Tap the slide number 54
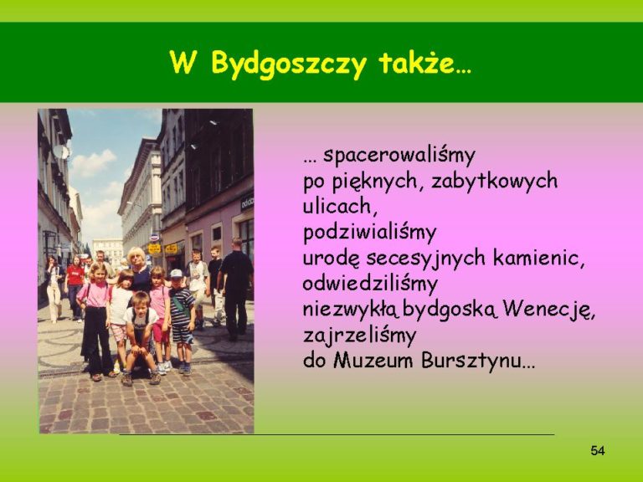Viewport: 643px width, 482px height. [x=598, y=451]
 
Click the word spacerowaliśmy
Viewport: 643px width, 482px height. [x=399, y=156]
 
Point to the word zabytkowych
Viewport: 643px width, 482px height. [x=494, y=181]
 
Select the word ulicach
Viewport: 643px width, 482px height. [x=340, y=206]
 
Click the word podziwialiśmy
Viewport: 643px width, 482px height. [x=369, y=233]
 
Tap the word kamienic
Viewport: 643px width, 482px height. [x=538, y=258]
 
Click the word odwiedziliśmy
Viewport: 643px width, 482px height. [x=370, y=285]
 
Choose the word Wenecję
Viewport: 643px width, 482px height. [x=548, y=310]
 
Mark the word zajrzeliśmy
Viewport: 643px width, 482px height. [x=360, y=336]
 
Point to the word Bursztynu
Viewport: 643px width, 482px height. [x=478, y=361]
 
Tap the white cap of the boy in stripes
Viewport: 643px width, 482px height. [x=177, y=274]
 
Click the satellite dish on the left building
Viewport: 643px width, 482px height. [x=61, y=151]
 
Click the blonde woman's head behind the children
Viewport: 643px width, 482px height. [x=136, y=257]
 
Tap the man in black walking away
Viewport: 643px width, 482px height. [x=236, y=288]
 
